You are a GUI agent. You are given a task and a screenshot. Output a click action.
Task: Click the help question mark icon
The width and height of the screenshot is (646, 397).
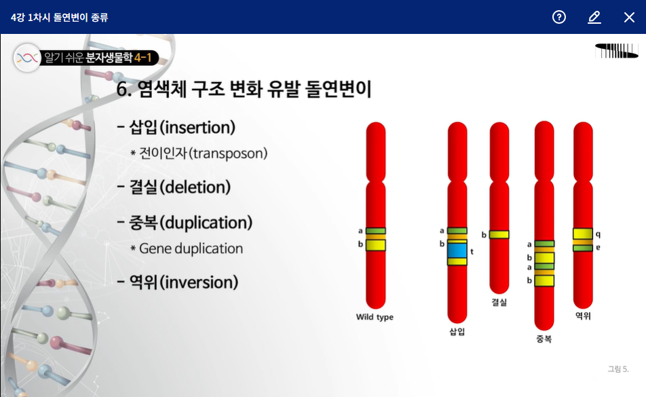point(558,17)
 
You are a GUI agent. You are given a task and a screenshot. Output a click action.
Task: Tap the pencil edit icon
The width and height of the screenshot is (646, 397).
point(594,17)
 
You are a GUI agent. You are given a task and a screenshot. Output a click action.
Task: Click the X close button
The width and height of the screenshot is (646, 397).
point(629,17)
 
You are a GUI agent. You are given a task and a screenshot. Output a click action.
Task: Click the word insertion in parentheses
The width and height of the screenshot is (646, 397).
point(197,128)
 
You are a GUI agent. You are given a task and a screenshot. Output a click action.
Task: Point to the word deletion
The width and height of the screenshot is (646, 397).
point(195,187)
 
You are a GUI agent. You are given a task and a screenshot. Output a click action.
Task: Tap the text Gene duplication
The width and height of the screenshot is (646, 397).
point(191,248)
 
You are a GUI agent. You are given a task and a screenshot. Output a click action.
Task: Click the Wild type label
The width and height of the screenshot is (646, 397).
point(375,317)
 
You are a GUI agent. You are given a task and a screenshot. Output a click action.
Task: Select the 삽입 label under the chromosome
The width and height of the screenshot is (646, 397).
point(457,332)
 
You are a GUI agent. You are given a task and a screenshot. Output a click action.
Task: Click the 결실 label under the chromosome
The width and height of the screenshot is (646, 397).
point(499,302)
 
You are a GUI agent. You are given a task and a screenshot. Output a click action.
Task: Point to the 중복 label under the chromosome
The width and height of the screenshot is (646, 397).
point(544,339)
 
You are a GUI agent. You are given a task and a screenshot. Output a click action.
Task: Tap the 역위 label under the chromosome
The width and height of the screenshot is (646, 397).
point(583,316)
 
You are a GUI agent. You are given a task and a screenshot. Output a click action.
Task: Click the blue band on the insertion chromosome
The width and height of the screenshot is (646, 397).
point(457,250)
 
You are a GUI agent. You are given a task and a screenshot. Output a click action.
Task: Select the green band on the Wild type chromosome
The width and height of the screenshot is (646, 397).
point(376,231)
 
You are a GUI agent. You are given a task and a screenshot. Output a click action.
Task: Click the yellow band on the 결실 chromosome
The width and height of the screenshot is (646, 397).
point(499,234)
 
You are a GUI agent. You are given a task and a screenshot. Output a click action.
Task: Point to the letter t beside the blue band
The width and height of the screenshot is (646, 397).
point(472,251)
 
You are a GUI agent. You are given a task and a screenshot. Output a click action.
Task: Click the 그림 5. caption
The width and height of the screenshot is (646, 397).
point(618,369)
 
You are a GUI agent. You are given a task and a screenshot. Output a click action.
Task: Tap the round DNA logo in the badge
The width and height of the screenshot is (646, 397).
point(27,58)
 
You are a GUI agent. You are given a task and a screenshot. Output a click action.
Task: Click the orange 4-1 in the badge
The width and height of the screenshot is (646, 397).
point(143,58)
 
